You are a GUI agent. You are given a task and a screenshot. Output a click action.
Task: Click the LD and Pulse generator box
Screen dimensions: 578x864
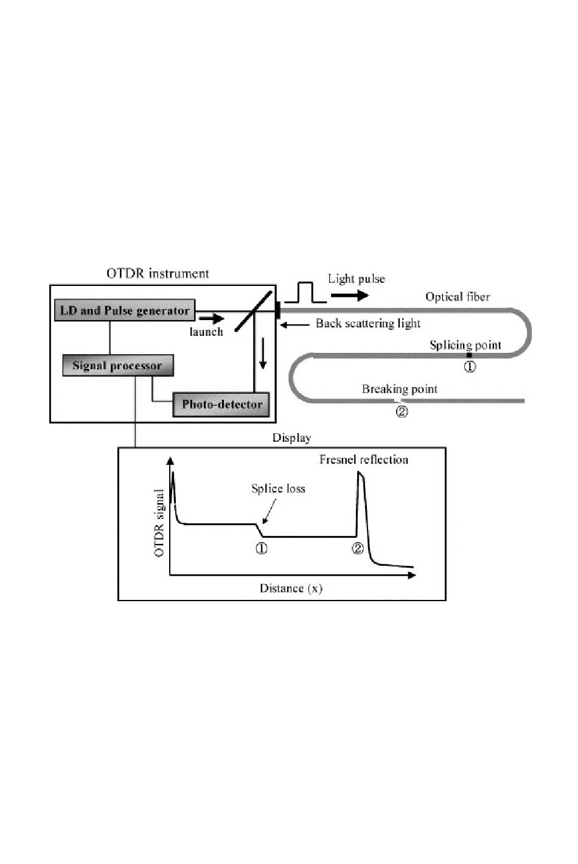point(125,310)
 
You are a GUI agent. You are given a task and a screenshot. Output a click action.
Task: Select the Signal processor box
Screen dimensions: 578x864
point(118,365)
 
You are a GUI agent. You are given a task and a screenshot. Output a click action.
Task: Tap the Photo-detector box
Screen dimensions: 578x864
point(221,404)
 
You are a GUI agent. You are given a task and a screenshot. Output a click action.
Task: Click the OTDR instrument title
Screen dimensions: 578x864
point(158,273)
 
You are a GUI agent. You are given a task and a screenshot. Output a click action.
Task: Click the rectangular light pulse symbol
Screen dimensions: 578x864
point(305,293)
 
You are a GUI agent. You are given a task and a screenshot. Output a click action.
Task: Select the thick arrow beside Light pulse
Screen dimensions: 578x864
point(350,296)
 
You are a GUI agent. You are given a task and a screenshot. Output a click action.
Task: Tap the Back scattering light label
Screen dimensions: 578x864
point(368,323)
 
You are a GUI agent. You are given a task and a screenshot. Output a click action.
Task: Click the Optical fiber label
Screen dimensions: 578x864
point(458,296)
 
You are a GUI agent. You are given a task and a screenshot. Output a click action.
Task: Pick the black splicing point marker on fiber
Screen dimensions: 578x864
point(469,355)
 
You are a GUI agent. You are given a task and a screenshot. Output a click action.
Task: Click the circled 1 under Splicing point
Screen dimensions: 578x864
point(470,366)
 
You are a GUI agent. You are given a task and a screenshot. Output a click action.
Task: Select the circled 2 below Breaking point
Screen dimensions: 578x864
point(402,412)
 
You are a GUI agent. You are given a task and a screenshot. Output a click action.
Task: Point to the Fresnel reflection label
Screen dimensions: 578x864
point(364,459)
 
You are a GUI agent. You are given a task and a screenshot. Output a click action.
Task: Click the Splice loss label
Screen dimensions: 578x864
point(278,489)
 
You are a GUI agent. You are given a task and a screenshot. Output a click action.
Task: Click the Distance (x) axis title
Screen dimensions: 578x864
point(291,588)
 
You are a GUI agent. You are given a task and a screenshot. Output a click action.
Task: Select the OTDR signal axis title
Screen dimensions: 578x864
point(159,523)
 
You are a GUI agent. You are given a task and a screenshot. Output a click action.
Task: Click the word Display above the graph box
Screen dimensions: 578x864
point(291,438)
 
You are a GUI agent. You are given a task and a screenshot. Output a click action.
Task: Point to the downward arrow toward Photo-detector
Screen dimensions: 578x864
point(263,354)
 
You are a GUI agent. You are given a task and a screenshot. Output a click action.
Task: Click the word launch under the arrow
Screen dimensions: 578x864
point(206,332)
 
